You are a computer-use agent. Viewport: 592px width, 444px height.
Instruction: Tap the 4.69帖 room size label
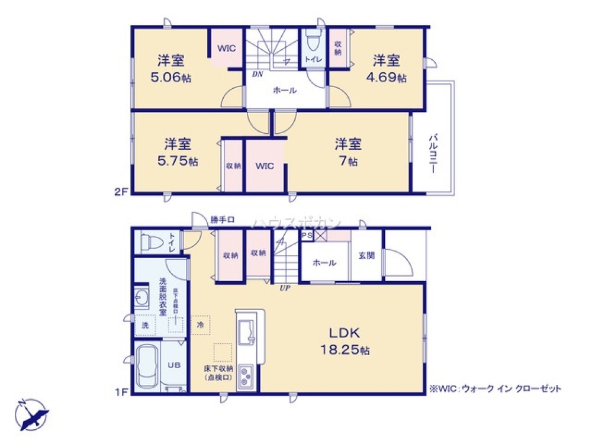point(389,77)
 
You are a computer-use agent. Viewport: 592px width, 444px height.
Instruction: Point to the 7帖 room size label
point(349,160)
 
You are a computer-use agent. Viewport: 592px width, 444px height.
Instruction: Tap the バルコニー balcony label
point(433,153)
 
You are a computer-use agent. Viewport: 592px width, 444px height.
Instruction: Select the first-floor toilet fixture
point(151,242)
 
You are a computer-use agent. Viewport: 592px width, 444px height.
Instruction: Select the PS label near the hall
point(307,236)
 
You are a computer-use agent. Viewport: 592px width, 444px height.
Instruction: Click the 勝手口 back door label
point(223,220)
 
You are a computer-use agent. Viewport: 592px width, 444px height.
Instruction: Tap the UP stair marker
point(285,288)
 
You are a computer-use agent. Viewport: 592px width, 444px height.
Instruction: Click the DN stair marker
point(258,75)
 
